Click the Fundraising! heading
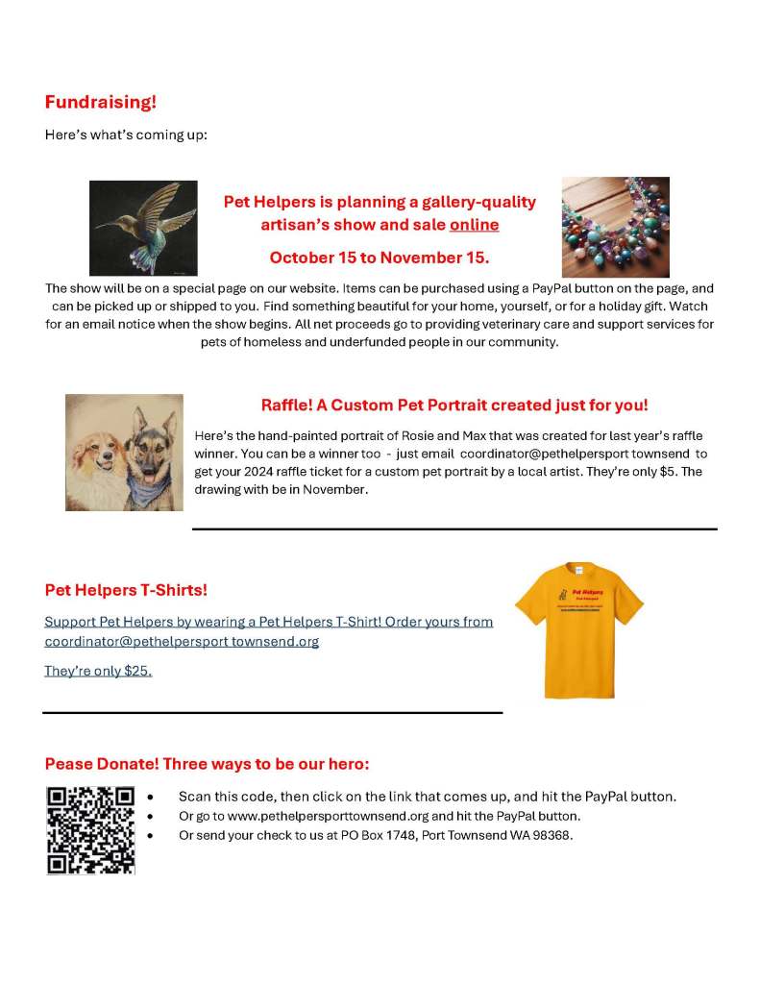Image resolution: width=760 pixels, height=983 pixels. coord(100,102)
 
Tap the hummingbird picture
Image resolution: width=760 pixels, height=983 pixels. coord(143,228)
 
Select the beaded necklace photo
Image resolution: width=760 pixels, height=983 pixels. coord(615,227)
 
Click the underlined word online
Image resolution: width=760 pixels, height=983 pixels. coord(474,225)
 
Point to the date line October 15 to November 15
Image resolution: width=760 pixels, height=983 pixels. coord(380,258)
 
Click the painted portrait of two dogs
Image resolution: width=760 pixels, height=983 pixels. coord(124,452)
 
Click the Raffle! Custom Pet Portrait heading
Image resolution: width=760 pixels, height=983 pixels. coord(454,405)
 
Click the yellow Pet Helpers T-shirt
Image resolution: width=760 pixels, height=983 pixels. coord(578,629)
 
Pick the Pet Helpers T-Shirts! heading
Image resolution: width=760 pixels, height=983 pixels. coord(126,589)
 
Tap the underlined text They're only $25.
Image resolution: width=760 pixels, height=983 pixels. coord(98,671)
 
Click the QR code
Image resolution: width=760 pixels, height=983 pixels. coord(90,830)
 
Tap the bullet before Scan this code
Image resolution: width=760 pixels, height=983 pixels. coord(151,798)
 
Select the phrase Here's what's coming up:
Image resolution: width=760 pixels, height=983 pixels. coord(126,135)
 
